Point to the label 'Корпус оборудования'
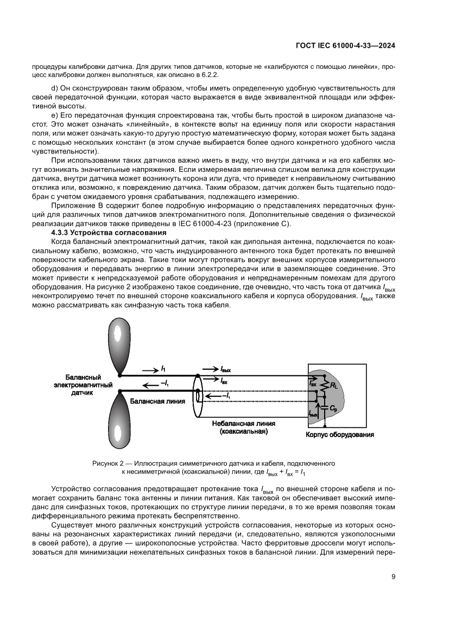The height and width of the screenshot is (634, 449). [340, 434]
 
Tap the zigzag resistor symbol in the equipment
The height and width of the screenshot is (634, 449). [325, 386]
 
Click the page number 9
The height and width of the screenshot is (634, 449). [393, 577]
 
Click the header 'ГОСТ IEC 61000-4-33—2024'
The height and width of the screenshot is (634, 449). [345, 46]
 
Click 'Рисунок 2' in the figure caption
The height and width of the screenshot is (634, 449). [109, 464]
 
